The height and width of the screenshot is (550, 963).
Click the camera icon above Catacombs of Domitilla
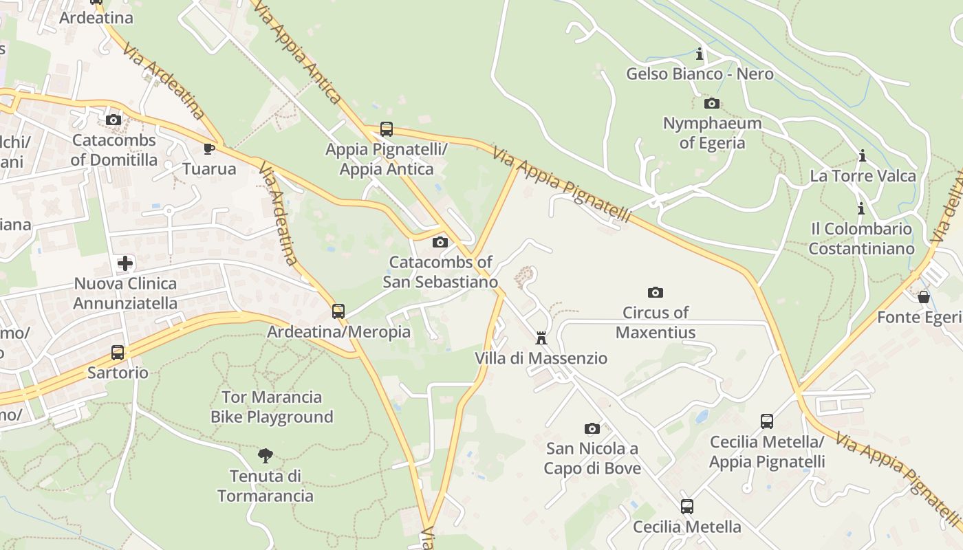[x=113, y=120]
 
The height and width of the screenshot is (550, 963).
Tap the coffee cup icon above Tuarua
[x=209, y=148]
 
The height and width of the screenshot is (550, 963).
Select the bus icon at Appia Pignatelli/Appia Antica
[x=387, y=129]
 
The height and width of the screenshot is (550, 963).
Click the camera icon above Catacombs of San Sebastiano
[x=440, y=242]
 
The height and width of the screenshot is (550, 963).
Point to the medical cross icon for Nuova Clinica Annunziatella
[x=125, y=263]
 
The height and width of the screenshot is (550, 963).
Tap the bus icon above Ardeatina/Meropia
[x=338, y=311]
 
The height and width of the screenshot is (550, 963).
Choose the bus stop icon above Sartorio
[x=118, y=353]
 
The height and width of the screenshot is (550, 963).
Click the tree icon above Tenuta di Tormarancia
[x=265, y=455]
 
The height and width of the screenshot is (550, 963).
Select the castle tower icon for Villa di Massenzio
[x=541, y=338]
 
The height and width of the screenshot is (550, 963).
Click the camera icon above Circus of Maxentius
[x=656, y=292]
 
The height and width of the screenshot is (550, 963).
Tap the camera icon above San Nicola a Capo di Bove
[x=592, y=428]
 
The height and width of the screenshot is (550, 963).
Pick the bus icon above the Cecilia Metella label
[x=686, y=507]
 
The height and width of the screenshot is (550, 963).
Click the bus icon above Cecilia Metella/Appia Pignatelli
[x=766, y=421]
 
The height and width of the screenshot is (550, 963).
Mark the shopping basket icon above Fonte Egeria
[x=924, y=297]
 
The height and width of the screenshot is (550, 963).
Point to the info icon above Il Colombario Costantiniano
[x=861, y=208]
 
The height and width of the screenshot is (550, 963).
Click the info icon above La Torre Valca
[x=863, y=156]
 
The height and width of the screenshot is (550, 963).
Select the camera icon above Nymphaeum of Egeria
[x=712, y=104]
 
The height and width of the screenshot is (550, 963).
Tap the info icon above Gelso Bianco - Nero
[x=700, y=54]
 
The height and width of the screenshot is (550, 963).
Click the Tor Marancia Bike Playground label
[x=272, y=407]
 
